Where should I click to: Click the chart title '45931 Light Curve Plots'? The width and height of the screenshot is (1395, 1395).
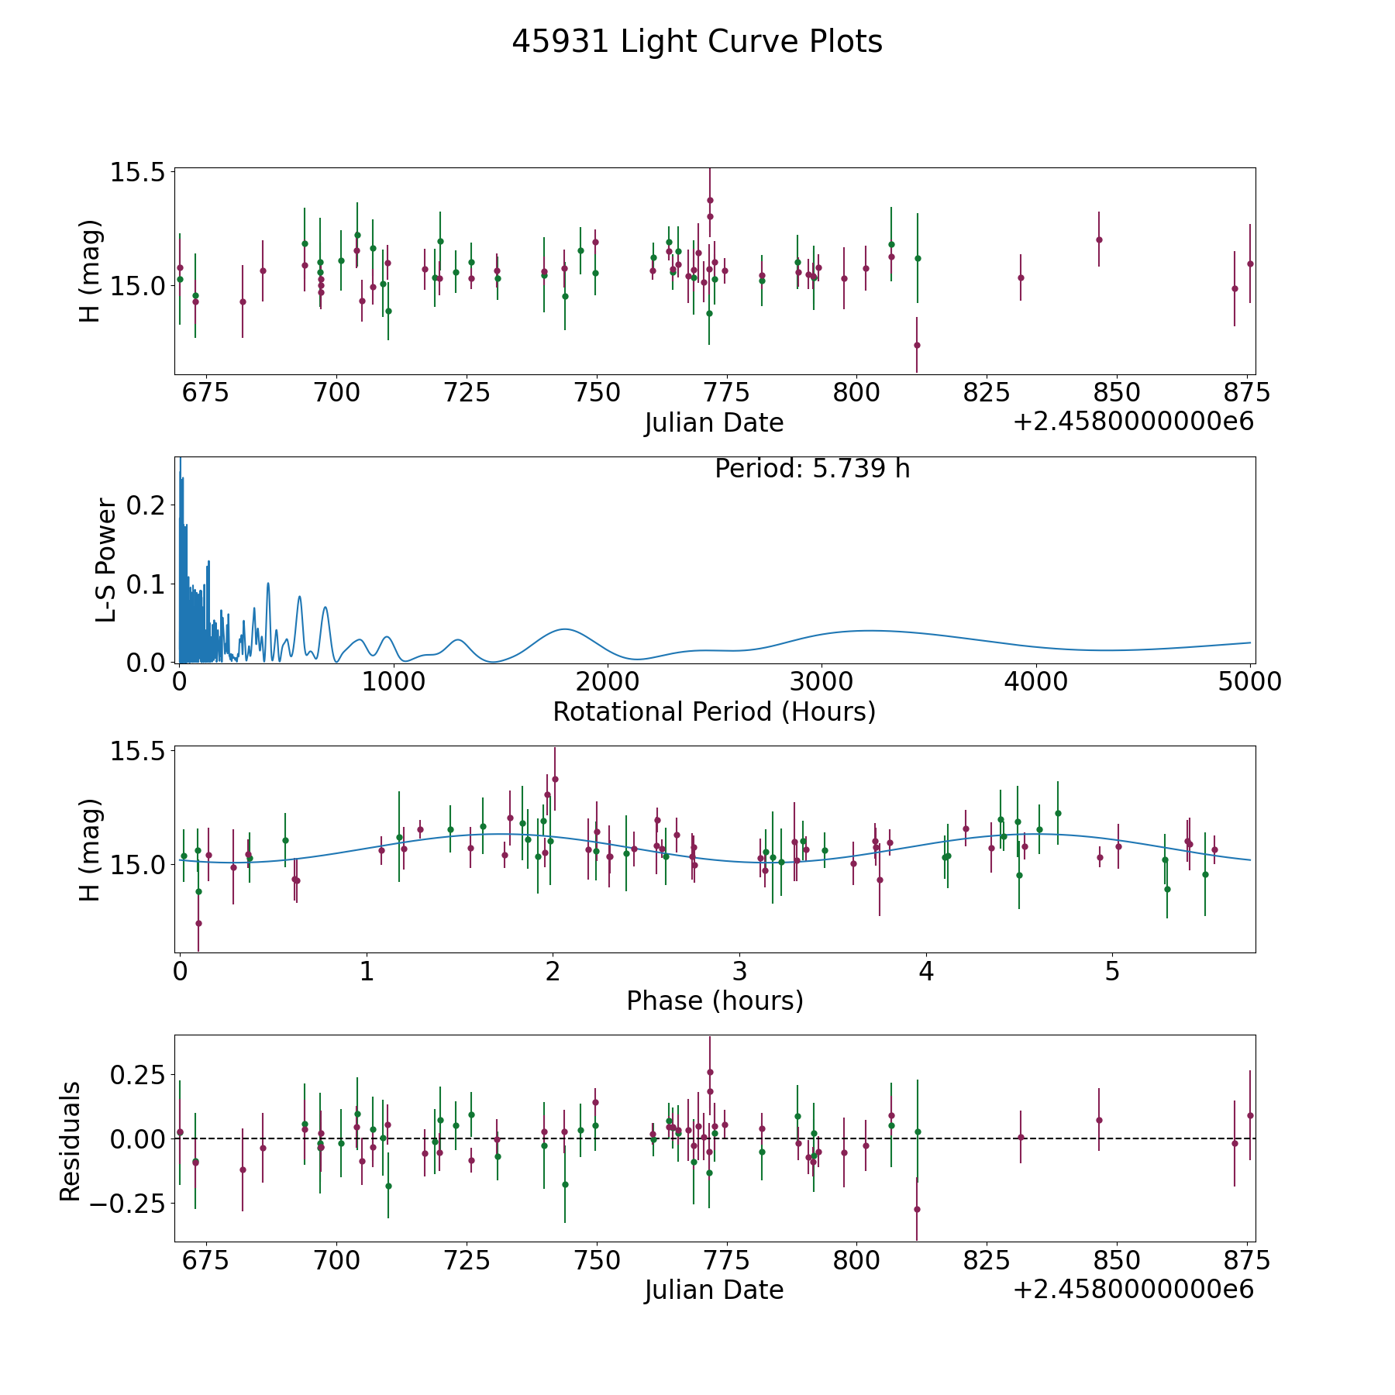point(697,42)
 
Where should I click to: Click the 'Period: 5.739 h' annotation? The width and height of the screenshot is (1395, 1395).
point(812,469)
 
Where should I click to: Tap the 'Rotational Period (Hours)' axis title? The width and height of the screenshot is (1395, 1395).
point(714,711)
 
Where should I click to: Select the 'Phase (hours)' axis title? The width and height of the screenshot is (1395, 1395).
point(715,1001)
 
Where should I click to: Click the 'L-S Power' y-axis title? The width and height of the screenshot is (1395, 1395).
point(107,560)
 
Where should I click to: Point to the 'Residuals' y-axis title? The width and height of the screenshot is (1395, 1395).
point(71,1142)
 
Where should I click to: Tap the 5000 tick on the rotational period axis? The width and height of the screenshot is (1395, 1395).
point(1250,682)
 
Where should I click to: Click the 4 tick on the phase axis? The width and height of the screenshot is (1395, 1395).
point(926,971)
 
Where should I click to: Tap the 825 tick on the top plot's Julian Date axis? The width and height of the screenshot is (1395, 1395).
point(987,393)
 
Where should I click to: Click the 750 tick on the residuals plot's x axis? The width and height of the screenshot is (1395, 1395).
point(596,1260)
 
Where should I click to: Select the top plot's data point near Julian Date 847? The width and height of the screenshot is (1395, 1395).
point(1099,239)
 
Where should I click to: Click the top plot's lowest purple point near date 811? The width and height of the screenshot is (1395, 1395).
point(917,345)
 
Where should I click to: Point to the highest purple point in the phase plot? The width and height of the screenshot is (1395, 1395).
point(555,779)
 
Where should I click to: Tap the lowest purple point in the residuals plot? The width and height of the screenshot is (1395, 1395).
point(917,1209)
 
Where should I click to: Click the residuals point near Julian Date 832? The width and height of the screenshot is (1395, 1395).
point(1021,1137)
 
